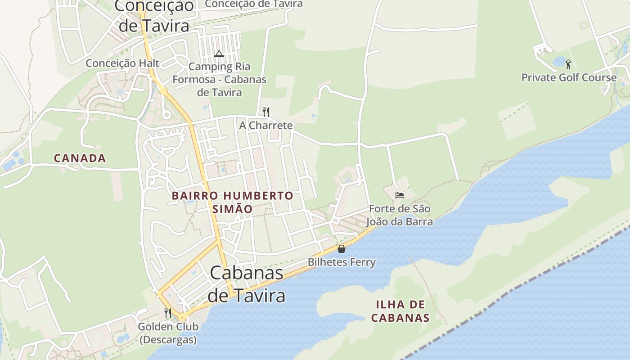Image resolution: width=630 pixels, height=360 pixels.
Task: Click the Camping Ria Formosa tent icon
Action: (x=219, y=54)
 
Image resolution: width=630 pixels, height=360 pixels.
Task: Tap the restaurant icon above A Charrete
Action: (x=266, y=112)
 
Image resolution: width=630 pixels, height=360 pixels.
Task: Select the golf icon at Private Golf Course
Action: (x=568, y=64)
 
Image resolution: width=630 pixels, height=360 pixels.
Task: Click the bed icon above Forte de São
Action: (x=399, y=195)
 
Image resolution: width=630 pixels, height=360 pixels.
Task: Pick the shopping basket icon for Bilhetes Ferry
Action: (x=342, y=249)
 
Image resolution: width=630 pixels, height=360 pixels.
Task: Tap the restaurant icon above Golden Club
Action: (x=168, y=313)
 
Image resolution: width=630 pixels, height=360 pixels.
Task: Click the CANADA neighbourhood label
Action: (x=80, y=158)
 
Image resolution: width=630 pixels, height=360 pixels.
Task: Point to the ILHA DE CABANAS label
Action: (x=400, y=311)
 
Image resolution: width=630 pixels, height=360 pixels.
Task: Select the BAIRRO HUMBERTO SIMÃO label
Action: (x=233, y=202)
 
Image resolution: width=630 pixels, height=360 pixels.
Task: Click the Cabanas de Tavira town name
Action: (x=247, y=284)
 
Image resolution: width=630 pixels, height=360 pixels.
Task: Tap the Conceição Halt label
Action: (x=123, y=63)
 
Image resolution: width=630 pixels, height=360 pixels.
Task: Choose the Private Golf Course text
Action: (x=569, y=77)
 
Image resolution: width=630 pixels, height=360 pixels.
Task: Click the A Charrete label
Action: (x=266, y=126)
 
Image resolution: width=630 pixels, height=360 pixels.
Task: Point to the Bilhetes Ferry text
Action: (x=342, y=262)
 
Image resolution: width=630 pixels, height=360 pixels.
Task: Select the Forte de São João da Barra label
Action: (x=400, y=215)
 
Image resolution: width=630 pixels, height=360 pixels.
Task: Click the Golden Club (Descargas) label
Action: (x=168, y=333)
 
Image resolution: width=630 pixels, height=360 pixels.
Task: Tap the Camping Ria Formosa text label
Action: (x=219, y=80)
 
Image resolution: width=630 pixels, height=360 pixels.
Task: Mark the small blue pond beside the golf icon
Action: (x=559, y=62)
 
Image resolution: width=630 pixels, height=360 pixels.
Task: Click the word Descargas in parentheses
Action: (x=168, y=340)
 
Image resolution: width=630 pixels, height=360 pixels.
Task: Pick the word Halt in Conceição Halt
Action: (x=149, y=63)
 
